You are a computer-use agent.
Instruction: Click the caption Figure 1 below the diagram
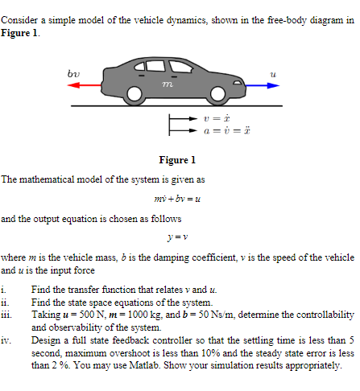point(179,159)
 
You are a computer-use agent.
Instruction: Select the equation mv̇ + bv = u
point(179,198)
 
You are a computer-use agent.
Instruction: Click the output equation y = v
point(179,237)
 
